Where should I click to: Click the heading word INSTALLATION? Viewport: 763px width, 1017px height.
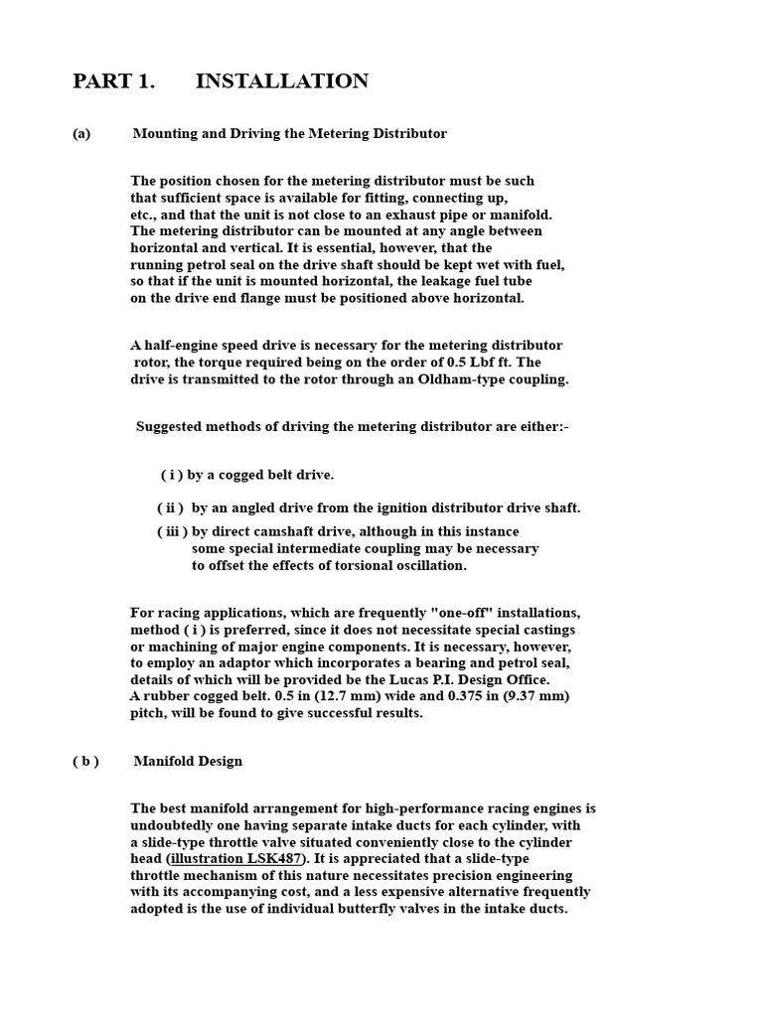point(282,81)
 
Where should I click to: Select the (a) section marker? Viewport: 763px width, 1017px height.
point(81,133)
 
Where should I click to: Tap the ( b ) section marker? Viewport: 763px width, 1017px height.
point(85,761)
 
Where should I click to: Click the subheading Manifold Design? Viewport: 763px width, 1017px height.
point(188,761)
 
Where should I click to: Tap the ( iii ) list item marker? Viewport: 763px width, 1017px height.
point(172,531)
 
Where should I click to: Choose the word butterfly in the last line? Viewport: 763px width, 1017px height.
point(379,909)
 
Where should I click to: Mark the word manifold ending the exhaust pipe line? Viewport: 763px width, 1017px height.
point(523,215)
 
